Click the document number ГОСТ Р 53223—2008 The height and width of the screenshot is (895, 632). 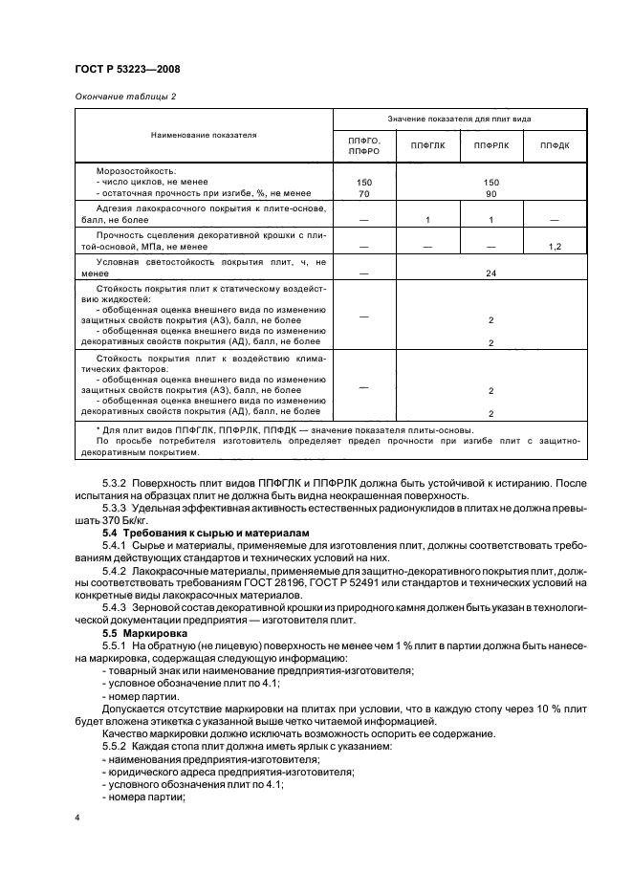click(x=127, y=69)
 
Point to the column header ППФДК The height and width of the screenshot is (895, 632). click(x=555, y=145)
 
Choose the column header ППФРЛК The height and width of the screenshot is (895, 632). click(x=491, y=145)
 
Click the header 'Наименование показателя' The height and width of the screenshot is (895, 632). click(x=203, y=135)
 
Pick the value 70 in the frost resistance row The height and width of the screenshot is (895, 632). click(x=364, y=193)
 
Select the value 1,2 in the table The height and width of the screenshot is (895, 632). click(x=555, y=247)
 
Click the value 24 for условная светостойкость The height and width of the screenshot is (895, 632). click(x=490, y=271)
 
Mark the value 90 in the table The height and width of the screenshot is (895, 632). click(x=490, y=193)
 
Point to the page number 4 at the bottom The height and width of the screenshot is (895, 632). click(x=76, y=819)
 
